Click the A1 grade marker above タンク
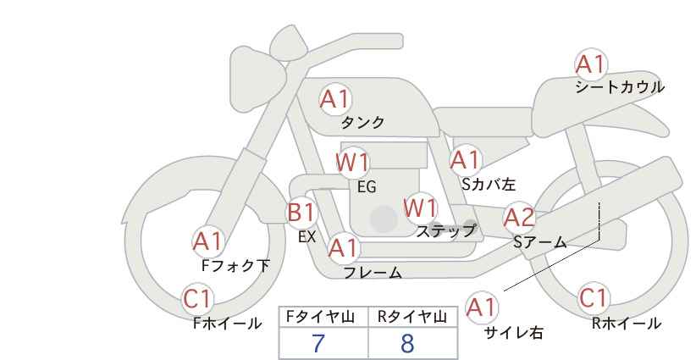pos(335,99)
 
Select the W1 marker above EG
pos(352,163)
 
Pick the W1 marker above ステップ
pos(420,208)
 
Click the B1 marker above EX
pos(301,213)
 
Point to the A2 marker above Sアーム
pos(519,219)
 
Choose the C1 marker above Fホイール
pos(197,299)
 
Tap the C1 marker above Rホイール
pos(594,298)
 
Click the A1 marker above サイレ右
pos(482,307)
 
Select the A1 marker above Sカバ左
pos(466,161)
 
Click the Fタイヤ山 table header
pos(320,317)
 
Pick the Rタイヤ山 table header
pos(412,317)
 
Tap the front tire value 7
pos(318,343)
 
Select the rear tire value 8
pos(407,343)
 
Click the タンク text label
pos(362,122)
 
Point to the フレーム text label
pos(373,273)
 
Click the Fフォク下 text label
pos(235,266)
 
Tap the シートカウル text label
pos(620,87)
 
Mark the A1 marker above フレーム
pos(344,248)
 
